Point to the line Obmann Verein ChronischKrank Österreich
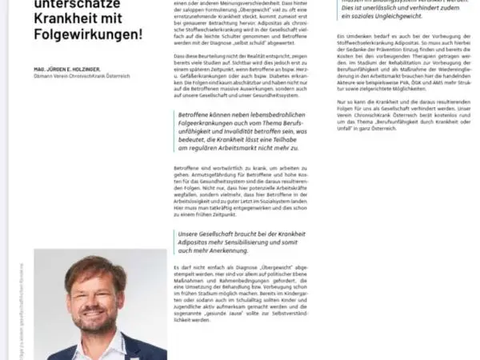tap(78, 76)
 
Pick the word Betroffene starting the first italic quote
tap(194, 115)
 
